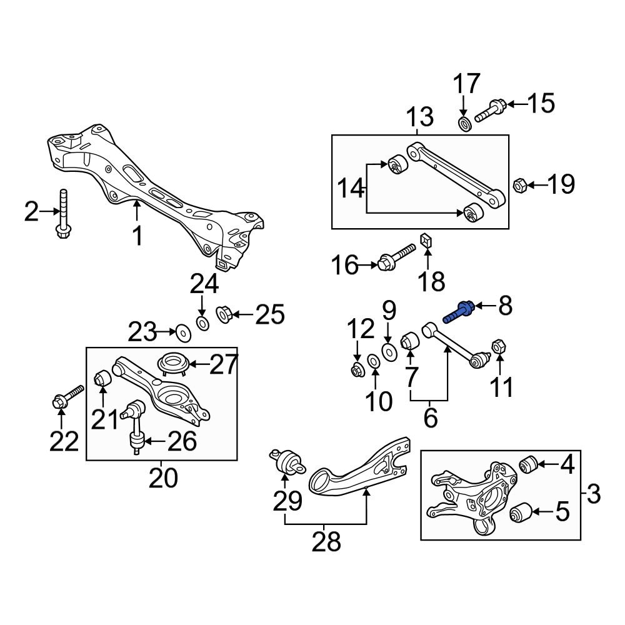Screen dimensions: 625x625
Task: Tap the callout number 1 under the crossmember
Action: coord(137,237)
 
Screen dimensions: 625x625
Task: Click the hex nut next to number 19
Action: coord(519,185)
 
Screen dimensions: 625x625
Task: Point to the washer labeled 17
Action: coord(464,124)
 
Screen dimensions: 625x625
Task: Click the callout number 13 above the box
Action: coord(420,117)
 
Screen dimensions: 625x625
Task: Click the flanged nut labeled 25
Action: coord(224,313)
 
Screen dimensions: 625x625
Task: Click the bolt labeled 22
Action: coord(66,397)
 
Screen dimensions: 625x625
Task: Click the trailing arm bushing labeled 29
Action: coord(287,463)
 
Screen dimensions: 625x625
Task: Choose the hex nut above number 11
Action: coord(499,346)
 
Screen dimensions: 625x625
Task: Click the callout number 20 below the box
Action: coord(163,479)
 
